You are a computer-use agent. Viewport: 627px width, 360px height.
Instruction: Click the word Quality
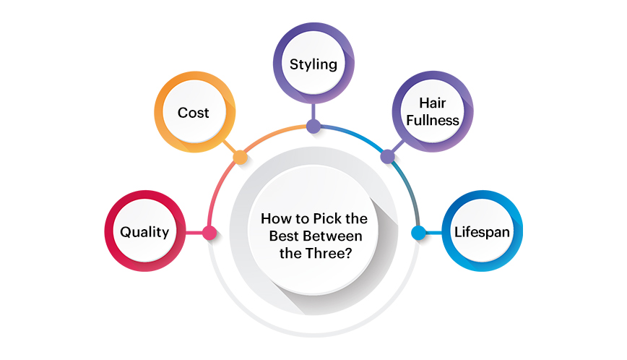coord(144,232)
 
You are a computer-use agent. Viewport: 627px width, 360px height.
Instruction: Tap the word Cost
coord(194,112)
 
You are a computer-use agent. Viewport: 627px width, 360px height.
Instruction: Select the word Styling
coord(313,64)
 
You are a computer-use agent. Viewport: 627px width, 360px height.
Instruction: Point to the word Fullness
coord(432,120)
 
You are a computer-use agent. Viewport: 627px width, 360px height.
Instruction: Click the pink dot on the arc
coord(209,233)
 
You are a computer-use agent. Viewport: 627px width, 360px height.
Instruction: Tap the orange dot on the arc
coord(240,156)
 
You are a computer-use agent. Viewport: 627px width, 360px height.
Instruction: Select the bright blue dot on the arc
coord(418,233)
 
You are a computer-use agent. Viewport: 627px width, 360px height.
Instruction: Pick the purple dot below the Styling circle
coord(313,127)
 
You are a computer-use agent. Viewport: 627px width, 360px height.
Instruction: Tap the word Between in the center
coord(338,236)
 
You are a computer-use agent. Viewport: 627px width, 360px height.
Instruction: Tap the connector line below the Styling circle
coord(313,113)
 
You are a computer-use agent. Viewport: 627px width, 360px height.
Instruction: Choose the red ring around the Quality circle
coord(111,232)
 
